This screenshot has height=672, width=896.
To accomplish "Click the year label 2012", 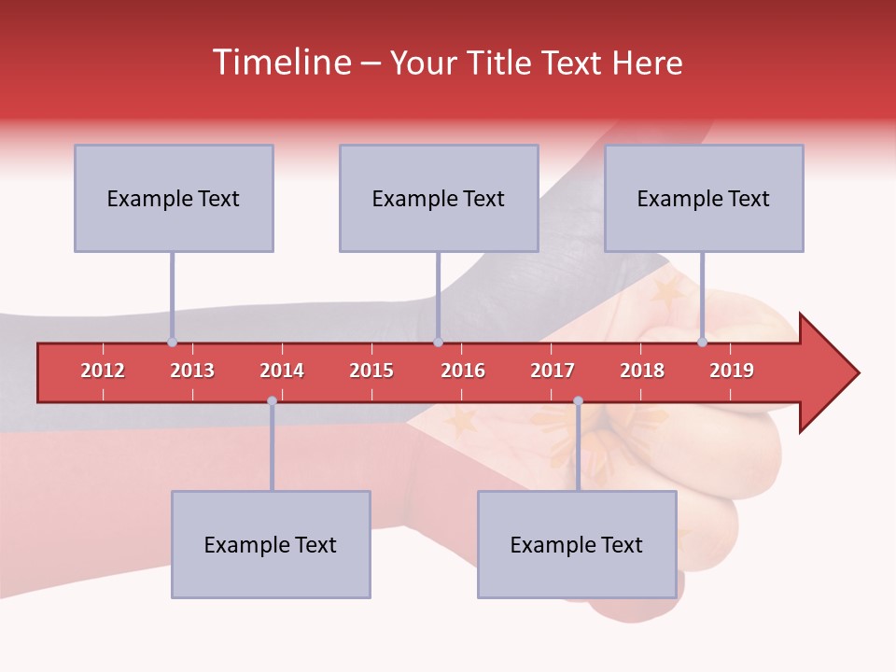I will coord(103,371).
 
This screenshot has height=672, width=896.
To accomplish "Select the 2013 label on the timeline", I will coord(192,371).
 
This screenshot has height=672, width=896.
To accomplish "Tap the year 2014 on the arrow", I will coord(282,371).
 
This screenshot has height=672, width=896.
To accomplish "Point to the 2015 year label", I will coord(371,371).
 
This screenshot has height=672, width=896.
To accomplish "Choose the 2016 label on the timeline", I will coord(463,371).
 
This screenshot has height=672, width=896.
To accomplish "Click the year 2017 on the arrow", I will coord(553,371).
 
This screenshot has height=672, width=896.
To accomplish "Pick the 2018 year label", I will coord(642,371).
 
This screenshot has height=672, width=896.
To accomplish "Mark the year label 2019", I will coord(732,371).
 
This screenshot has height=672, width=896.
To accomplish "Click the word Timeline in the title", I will coord(280,63).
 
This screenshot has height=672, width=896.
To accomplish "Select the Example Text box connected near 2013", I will coord(174,198).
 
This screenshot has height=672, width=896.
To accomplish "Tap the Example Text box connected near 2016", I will coord(439,198).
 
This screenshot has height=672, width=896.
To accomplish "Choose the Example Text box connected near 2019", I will coord(704,198).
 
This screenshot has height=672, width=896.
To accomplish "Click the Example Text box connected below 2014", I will coord(271,544).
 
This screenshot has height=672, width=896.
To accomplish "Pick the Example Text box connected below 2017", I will coord(577,544).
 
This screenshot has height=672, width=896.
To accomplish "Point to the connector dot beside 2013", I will coord(172,343).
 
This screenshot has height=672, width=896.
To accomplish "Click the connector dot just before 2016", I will coord(438,343).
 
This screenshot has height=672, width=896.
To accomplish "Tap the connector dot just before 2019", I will coord(703,343).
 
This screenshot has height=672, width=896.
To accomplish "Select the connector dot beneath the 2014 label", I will coord(272,401).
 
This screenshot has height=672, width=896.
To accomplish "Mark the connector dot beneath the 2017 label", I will coord(578,401).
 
